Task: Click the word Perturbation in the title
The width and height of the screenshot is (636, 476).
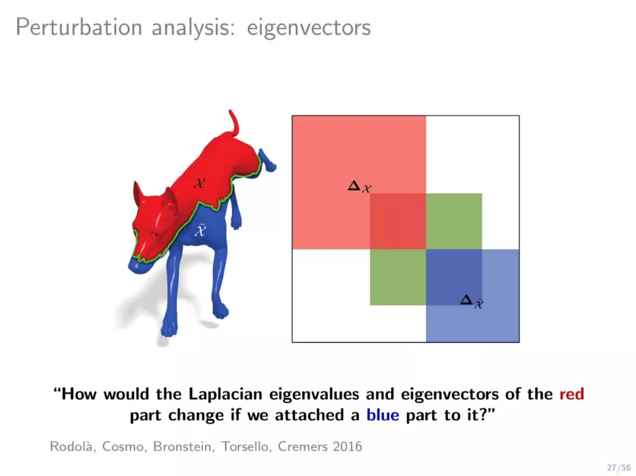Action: point(79,27)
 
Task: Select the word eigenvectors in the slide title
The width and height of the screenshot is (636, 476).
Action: point(309,28)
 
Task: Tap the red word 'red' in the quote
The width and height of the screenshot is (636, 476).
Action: point(571,394)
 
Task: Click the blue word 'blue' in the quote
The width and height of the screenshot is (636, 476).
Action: point(383,415)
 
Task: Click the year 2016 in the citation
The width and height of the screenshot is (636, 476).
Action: point(347,447)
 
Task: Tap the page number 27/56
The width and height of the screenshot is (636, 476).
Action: point(618,468)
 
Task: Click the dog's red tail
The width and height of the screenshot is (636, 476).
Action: point(234,124)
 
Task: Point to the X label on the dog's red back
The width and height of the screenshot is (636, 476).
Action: point(199,183)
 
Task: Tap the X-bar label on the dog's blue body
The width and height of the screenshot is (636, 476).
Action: point(200,229)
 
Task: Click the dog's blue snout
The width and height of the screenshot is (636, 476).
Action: point(139,265)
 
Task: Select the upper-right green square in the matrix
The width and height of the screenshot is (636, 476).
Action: point(454,221)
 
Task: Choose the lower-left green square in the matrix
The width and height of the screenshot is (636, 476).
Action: point(398,277)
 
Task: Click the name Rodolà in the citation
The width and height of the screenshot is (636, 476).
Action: point(73,447)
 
